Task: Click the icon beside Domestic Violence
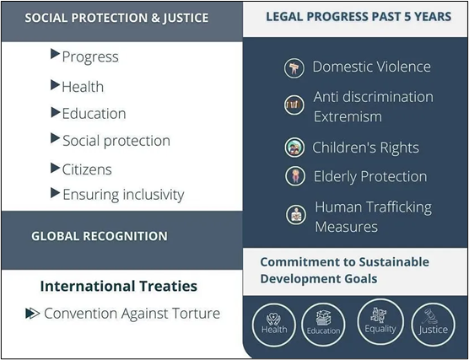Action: [294, 68]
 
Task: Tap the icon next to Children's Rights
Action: [294, 148]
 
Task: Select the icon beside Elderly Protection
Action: [295, 176]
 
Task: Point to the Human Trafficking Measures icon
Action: [296, 215]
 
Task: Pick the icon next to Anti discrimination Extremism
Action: [294, 105]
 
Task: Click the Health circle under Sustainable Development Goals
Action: [274, 325]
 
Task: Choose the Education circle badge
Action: [323, 325]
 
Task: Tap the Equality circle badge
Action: [380, 322]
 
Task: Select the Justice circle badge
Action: [433, 325]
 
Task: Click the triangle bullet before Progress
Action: [56, 54]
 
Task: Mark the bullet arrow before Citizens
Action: [56, 168]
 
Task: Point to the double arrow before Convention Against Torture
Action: [33, 313]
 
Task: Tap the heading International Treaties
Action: [119, 286]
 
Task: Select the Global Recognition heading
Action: [100, 236]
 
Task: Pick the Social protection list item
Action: [116, 141]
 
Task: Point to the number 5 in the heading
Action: [407, 17]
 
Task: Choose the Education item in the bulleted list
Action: [94, 114]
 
